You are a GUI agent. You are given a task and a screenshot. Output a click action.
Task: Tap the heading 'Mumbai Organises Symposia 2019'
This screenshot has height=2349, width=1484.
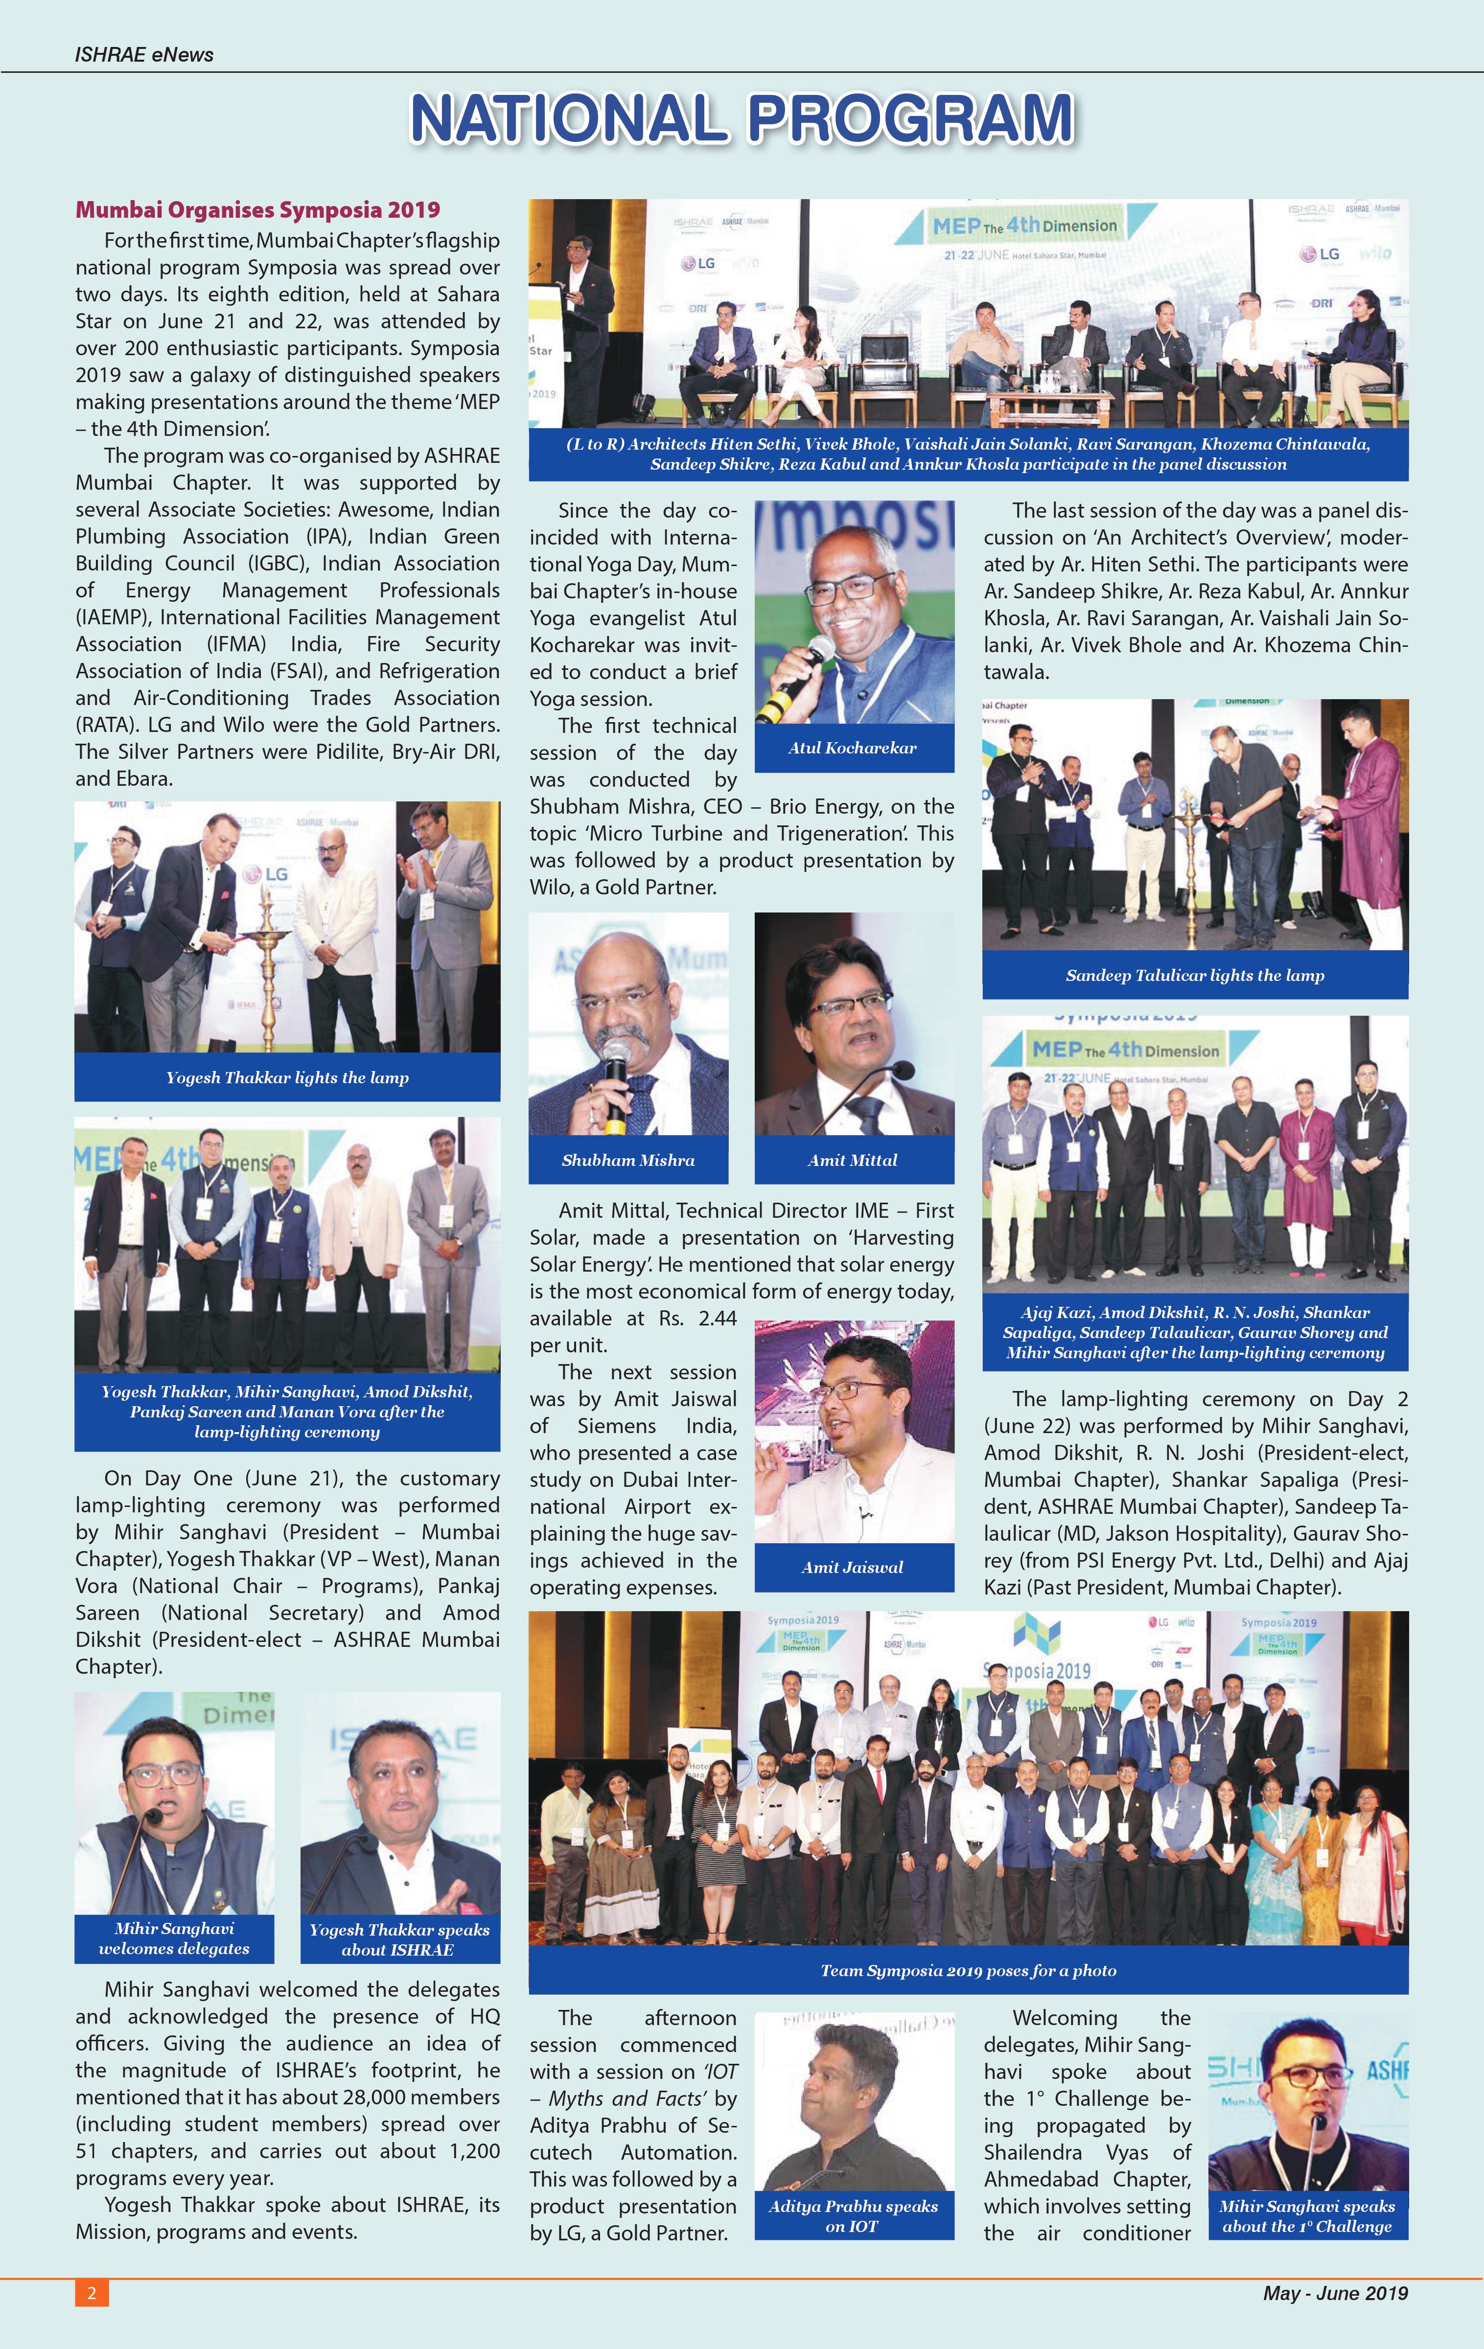tap(257, 210)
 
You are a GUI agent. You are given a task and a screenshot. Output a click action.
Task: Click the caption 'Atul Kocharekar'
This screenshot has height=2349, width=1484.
tap(853, 748)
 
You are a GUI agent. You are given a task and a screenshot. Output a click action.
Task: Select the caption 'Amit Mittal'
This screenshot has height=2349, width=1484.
tap(853, 1160)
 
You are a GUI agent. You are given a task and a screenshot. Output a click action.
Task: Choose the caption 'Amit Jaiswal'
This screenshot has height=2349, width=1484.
tap(853, 1567)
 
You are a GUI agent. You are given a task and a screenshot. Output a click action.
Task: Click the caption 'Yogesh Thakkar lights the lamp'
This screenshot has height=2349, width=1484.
tap(287, 1078)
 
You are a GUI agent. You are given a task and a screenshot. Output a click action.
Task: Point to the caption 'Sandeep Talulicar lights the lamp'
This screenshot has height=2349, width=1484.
tap(1194, 976)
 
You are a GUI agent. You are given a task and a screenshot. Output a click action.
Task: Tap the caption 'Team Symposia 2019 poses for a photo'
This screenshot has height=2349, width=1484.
tap(968, 1970)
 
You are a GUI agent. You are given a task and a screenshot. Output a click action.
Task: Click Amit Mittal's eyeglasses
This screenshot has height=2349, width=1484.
tap(851, 1005)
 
